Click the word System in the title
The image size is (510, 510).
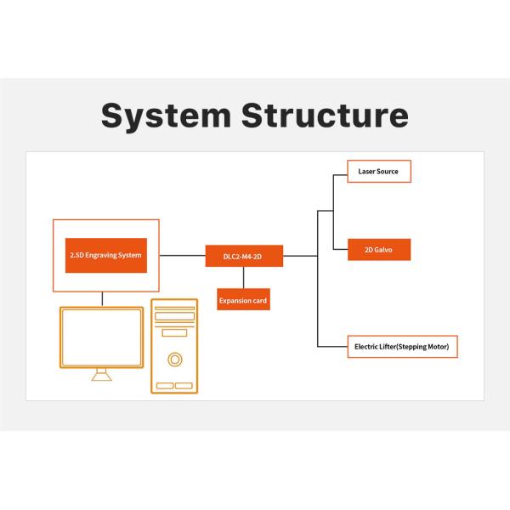click(x=164, y=116)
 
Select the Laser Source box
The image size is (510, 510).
click(x=378, y=172)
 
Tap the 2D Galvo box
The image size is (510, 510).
click(x=379, y=250)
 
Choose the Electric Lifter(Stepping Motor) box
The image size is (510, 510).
click(x=403, y=347)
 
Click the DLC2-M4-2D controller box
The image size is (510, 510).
click(x=244, y=255)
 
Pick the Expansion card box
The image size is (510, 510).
click(x=244, y=299)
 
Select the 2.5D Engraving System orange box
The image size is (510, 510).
click(x=105, y=255)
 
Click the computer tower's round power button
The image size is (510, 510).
click(x=174, y=360)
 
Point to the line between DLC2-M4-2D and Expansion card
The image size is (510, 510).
click(x=244, y=277)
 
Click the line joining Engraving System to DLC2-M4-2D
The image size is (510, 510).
click(x=182, y=255)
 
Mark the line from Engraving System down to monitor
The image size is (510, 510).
click(x=102, y=297)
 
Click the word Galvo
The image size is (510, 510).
click(x=383, y=250)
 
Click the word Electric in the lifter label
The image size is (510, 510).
click(x=368, y=347)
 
